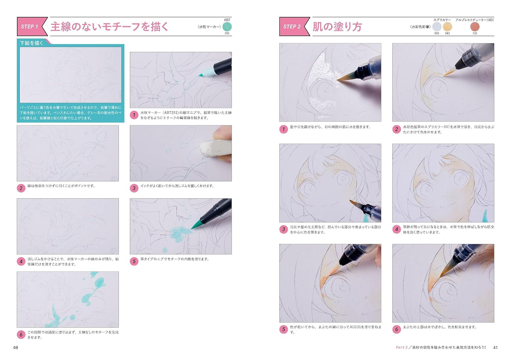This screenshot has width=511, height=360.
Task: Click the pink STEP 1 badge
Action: [30, 26]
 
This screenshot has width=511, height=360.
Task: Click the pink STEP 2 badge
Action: [292, 26]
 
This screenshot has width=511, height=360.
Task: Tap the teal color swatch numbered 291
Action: [227, 26]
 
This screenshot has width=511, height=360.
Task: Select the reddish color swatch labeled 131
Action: [475, 27]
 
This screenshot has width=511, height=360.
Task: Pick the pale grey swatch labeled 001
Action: [437, 27]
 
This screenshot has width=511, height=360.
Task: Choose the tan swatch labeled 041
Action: [447, 27]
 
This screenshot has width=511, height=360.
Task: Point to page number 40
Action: [16, 348]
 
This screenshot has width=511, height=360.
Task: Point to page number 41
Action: [495, 348]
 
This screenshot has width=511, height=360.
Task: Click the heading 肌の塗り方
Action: [337, 27]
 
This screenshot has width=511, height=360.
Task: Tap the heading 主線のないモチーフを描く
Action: [109, 27]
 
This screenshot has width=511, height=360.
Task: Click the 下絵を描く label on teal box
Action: [31, 43]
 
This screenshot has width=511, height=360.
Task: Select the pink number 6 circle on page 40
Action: [21, 335]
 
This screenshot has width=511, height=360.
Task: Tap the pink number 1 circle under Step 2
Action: [283, 129]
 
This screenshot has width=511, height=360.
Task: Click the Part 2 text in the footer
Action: [401, 348]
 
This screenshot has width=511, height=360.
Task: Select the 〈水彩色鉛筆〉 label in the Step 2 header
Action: [420, 27]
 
